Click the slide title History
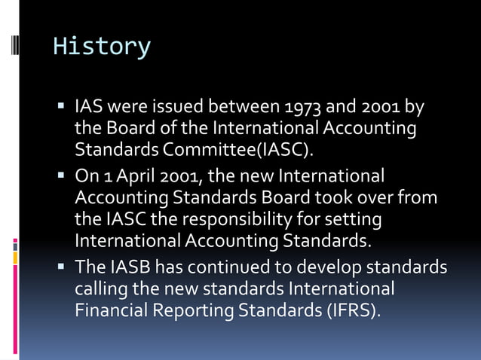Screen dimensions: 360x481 tap(101, 47)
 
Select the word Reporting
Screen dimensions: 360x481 tap(195, 310)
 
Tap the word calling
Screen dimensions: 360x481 tap(101, 289)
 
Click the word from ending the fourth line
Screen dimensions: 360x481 tap(421, 199)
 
